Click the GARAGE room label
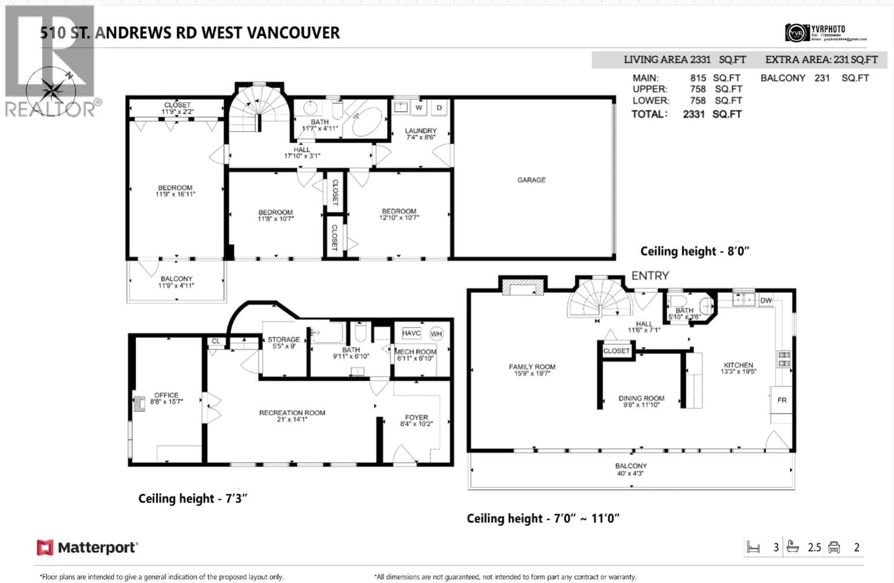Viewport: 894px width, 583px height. [x=531, y=180]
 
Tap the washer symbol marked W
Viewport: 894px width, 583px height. [x=419, y=108]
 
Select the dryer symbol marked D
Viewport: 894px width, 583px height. [x=439, y=108]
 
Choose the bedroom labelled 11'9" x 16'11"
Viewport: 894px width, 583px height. [x=175, y=191]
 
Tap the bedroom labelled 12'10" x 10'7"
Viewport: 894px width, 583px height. [x=399, y=214]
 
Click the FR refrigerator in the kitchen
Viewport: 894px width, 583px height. [x=782, y=400]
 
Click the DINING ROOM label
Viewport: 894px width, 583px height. [x=641, y=401]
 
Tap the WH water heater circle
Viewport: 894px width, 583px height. [x=436, y=334]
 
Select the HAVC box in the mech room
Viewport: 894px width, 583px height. [x=411, y=333]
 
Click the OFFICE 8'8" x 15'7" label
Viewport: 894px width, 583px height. [x=166, y=398]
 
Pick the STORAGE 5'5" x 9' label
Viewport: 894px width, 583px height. [x=284, y=342]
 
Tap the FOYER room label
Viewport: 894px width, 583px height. [x=416, y=421]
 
